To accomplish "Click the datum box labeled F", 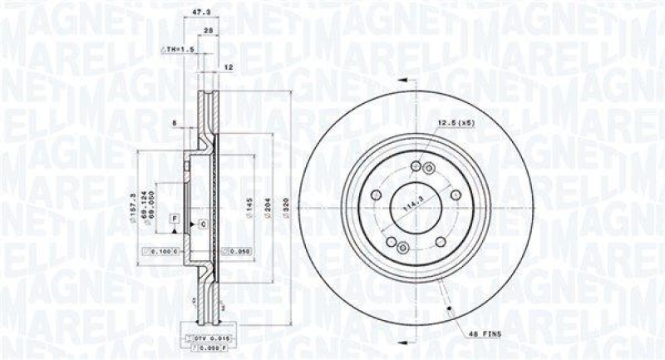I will click(x=175, y=218).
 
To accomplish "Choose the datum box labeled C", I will click(x=202, y=224).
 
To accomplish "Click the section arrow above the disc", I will click(x=405, y=80).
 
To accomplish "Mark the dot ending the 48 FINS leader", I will click(x=449, y=311).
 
